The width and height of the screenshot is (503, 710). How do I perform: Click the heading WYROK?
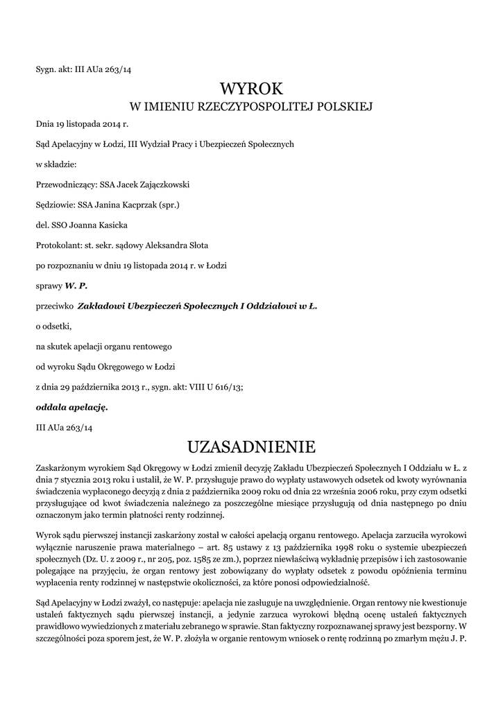(251, 89)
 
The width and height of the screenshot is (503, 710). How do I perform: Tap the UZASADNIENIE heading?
(251, 444)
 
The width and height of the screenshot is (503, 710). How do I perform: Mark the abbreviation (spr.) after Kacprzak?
(169, 205)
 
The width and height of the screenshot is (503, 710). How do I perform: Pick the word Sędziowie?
(56, 205)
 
